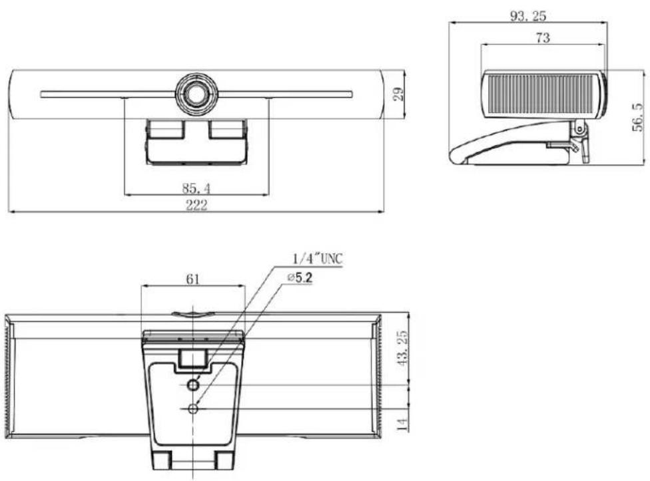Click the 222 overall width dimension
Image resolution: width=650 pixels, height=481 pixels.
pos(196,205)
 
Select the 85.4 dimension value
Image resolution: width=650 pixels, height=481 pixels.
pos(196,188)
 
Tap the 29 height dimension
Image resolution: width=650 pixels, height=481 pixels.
pos(398,94)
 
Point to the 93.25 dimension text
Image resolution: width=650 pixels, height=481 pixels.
pos(527,16)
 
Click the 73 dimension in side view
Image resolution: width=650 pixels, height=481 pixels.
pos(543,38)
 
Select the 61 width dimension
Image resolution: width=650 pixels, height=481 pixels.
pos(192,279)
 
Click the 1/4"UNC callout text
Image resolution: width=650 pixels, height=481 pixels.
pos(318,259)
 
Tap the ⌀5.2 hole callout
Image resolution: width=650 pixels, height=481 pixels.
pos(299,277)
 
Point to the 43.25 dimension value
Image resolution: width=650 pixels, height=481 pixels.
pos(402,348)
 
